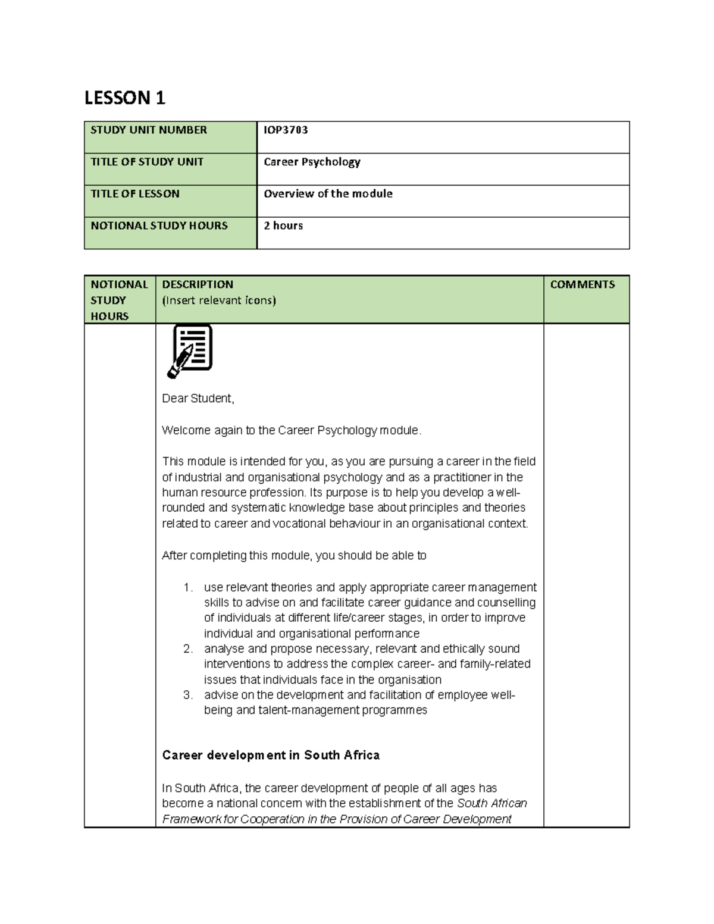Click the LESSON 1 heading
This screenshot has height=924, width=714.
(x=124, y=98)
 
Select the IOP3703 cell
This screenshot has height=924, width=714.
(x=286, y=130)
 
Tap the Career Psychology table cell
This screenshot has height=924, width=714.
(x=312, y=162)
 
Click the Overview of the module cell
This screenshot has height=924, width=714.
(x=328, y=194)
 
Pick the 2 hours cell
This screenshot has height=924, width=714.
(x=283, y=226)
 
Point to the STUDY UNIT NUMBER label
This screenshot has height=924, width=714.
(x=148, y=130)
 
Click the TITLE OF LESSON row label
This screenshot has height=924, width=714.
(x=134, y=194)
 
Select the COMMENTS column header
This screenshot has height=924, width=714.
(x=582, y=284)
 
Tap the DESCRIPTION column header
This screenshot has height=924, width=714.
(x=198, y=284)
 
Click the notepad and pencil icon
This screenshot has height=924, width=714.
(x=190, y=351)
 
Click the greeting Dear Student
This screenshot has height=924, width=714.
(x=198, y=399)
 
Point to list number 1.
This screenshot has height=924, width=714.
(x=188, y=588)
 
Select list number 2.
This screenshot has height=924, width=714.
(x=188, y=649)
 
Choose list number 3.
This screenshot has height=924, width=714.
(x=188, y=695)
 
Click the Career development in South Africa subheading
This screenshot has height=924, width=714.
(x=271, y=755)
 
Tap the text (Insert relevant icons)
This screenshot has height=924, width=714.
(x=219, y=300)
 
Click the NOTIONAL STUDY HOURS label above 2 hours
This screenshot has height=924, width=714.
(x=159, y=226)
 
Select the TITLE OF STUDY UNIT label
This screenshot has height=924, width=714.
(x=146, y=162)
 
